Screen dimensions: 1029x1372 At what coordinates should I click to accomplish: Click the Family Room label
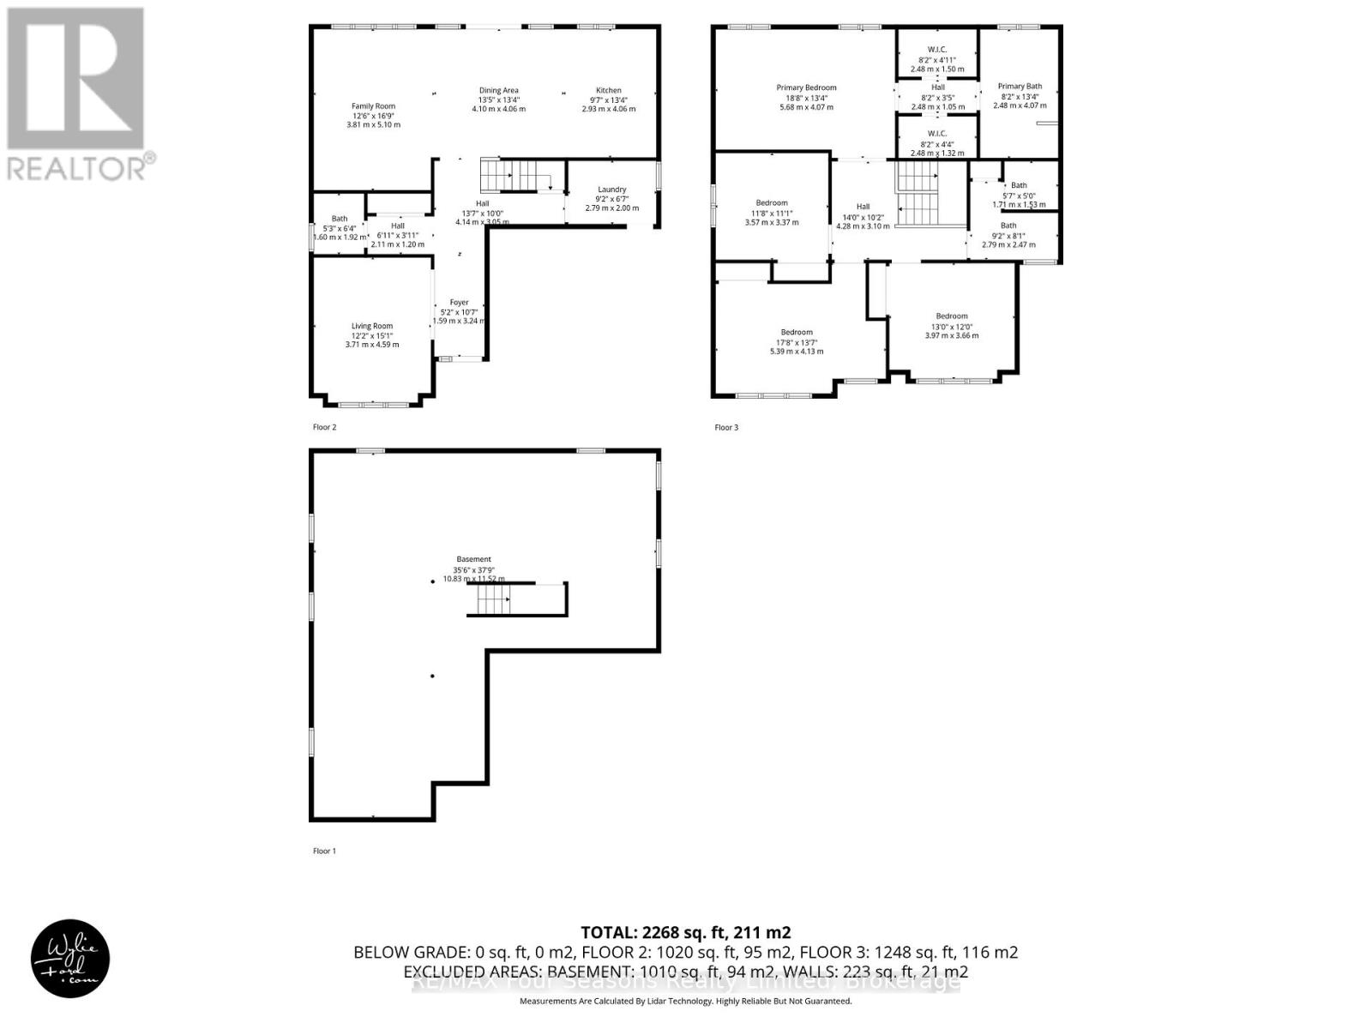[x=373, y=106]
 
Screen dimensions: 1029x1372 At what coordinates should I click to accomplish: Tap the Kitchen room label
[x=609, y=91]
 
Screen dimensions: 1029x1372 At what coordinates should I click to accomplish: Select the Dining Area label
[x=498, y=91]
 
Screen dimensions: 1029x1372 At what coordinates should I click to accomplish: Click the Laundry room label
[x=612, y=190]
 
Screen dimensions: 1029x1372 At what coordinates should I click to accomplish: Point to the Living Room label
[x=372, y=326]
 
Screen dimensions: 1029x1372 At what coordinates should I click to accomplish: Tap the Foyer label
[x=460, y=303]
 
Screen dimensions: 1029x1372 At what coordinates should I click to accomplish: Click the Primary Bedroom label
[x=806, y=87]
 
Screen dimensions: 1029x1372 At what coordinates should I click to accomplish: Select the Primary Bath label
[x=1020, y=87]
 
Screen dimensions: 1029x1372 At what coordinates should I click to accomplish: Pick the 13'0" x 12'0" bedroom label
[x=952, y=316]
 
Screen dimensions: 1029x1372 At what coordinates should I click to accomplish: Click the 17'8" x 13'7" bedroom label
[x=797, y=333]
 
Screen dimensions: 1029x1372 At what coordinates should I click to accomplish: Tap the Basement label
[x=473, y=559]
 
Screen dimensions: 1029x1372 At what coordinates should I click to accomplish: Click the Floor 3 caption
[x=726, y=427]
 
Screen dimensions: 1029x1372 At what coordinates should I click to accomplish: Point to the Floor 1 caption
[x=324, y=851]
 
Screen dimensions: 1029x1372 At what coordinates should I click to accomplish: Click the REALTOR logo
[x=79, y=94]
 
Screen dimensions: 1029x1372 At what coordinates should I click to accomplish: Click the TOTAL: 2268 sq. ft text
[x=685, y=932]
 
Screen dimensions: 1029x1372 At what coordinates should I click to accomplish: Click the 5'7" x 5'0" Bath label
[x=1019, y=185]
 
